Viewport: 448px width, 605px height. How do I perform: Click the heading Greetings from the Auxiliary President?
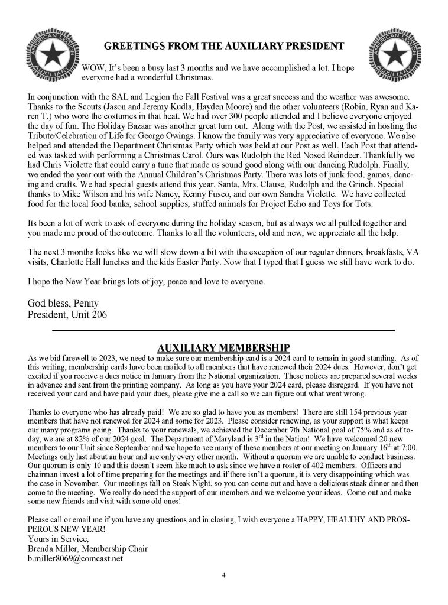223,45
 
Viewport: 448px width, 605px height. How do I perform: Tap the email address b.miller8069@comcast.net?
75,558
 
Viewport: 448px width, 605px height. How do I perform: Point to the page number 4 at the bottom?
223,574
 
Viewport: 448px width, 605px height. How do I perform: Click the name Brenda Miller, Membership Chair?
87,548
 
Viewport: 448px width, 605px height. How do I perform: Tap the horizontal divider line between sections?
223,330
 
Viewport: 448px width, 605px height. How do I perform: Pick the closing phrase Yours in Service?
57,538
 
